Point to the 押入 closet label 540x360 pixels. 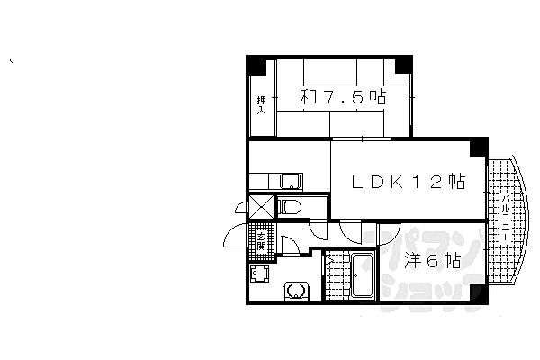262,105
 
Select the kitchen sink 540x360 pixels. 290,180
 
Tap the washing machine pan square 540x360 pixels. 260,274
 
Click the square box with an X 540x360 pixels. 260,208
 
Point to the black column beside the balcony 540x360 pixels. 479,148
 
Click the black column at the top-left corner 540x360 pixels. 257,65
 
